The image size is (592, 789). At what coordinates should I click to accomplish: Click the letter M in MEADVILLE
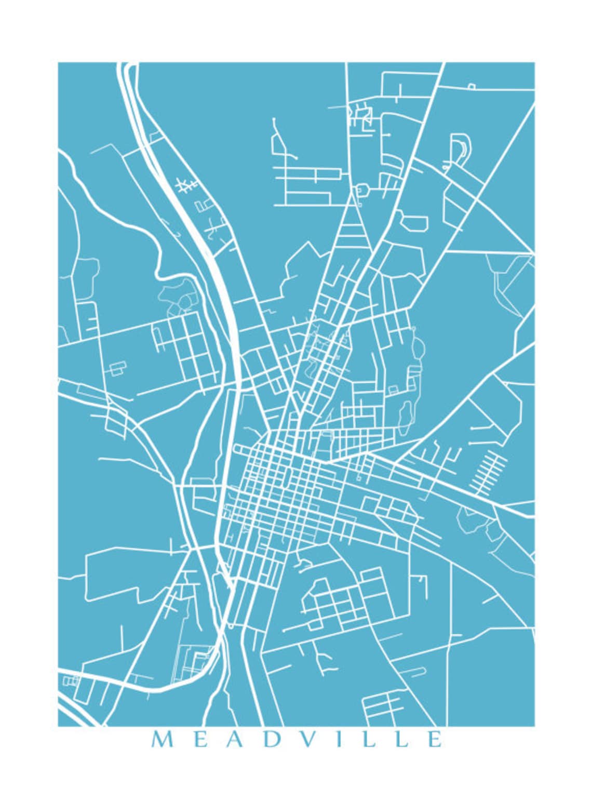pyautogui.click(x=162, y=739)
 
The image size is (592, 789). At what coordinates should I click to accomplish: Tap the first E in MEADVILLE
pyautogui.click(x=201, y=739)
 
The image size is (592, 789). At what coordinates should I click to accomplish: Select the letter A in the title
pyautogui.click(x=236, y=739)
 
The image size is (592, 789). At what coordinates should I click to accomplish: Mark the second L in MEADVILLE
pyautogui.click(x=401, y=739)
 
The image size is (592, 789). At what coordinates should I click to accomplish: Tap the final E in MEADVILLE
pyautogui.click(x=435, y=739)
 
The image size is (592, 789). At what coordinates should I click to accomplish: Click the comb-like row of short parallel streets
pyautogui.click(x=488, y=473)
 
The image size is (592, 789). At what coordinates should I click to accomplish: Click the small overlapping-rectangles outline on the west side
pyautogui.click(x=117, y=368)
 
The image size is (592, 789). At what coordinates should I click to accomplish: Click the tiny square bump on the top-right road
pyautogui.click(x=472, y=86)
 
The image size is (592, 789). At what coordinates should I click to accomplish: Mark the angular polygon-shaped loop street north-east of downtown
pyautogui.click(x=414, y=222)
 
